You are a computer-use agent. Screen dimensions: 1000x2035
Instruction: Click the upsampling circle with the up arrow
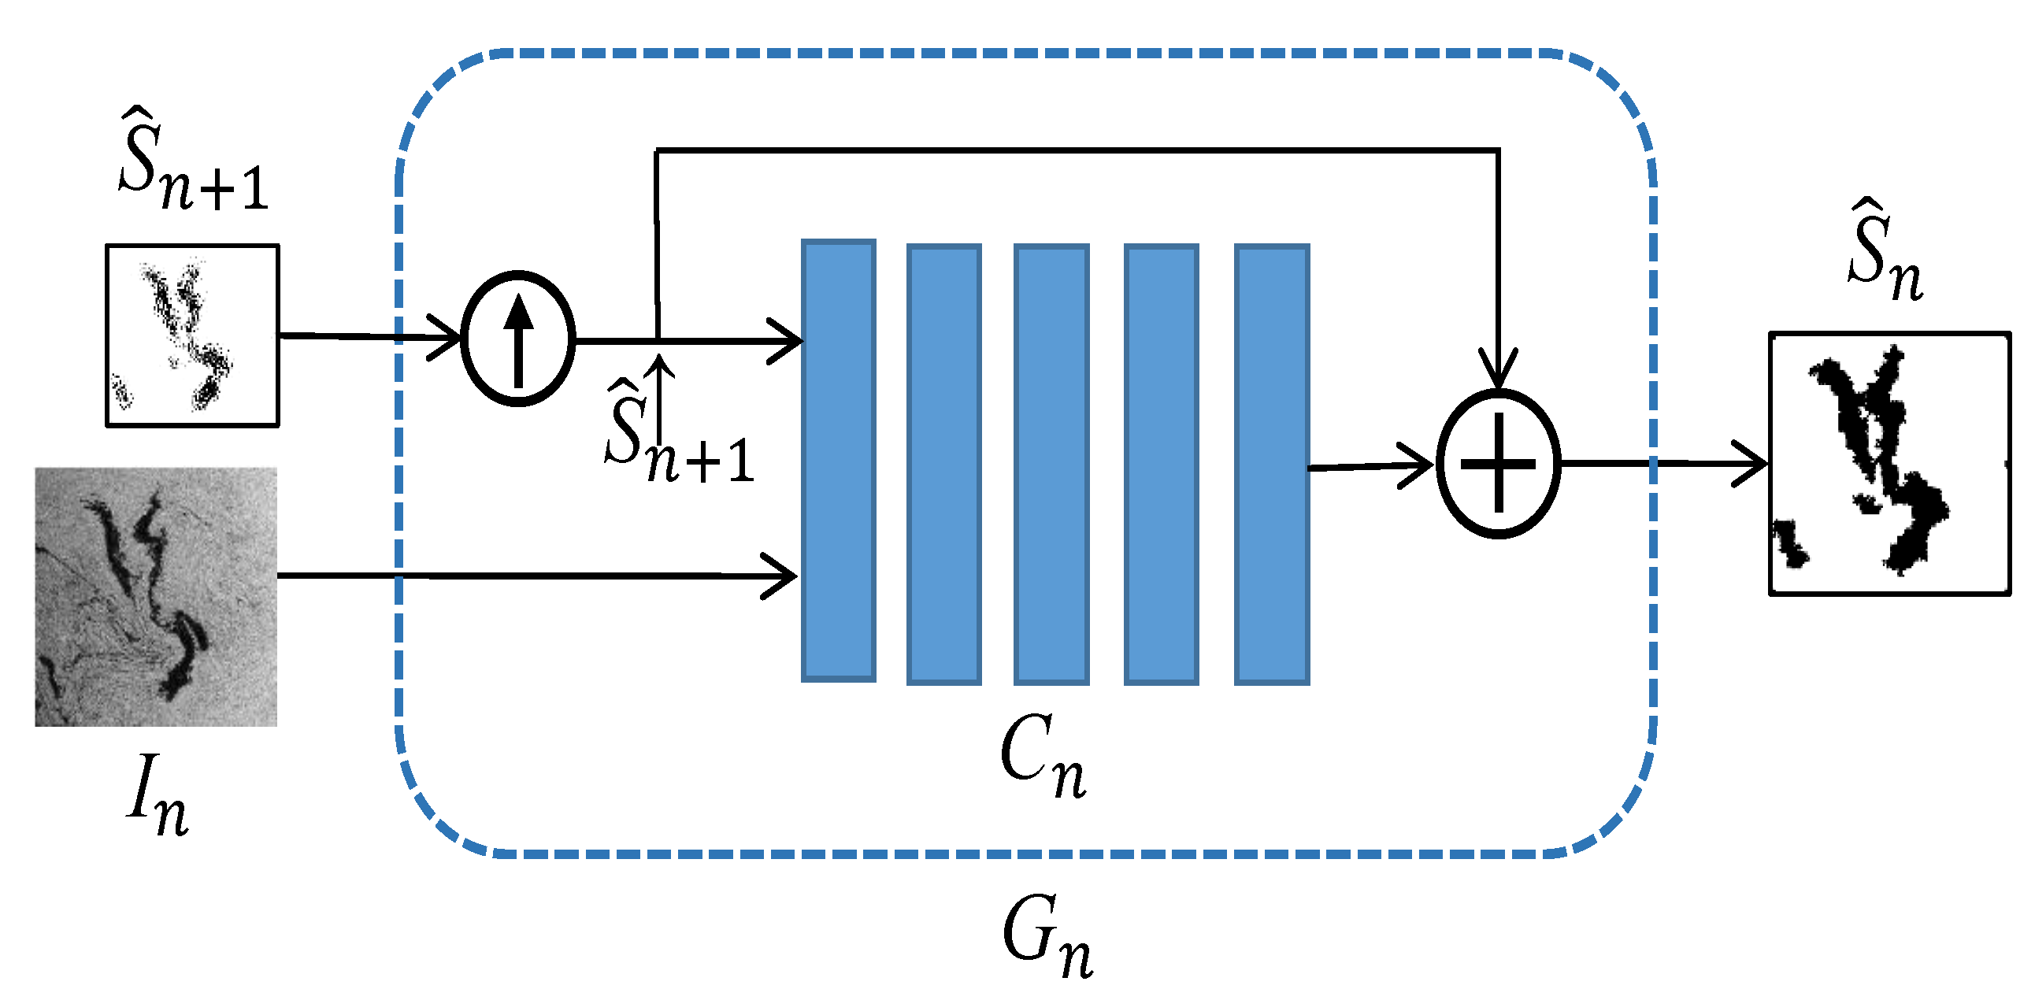pyautogui.click(x=518, y=339)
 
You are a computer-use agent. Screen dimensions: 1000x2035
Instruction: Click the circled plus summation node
pyautogui.click(x=1498, y=464)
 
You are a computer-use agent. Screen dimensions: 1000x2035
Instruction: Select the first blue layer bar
pyautogui.click(x=838, y=461)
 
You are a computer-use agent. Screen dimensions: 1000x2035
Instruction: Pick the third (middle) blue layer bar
pyautogui.click(x=1051, y=465)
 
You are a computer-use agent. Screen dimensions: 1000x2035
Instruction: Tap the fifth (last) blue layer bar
pyautogui.click(x=1272, y=465)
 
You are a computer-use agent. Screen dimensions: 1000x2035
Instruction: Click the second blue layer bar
pyautogui.click(x=944, y=465)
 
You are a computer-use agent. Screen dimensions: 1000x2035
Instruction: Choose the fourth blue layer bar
pyautogui.click(x=1162, y=465)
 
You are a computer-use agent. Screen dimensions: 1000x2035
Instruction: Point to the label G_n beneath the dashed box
pyautogui.click(x=1047, y=936)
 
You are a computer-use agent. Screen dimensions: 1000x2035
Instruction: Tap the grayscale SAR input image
pyautogui.click(x=156, y=597)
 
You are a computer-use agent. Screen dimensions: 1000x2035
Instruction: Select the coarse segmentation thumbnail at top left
pyautogui.click(x=193, y=335)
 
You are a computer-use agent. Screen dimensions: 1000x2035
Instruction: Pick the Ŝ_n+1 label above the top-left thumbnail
pyautogui.click(x=194, y=162)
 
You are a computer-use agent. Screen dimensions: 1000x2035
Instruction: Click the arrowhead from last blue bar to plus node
pyautogui.click(x=1418, y=465)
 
